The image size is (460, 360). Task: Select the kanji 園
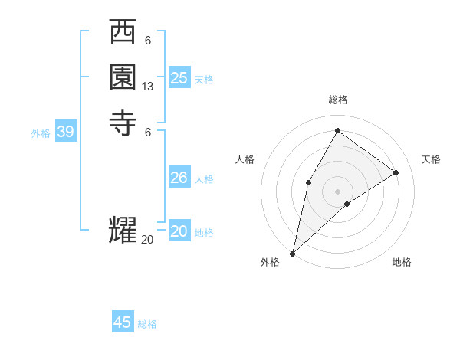pyautogui.click(x=123, y=77)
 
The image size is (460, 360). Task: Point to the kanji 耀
pyautogui.click(x=123, y=231)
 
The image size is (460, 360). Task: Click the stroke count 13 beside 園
pyautogui.click(x=148, y=87)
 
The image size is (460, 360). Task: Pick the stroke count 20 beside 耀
pyautogui.click(x=147, y=240)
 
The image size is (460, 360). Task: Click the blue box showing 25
pyautogui.click(x=179, y=78)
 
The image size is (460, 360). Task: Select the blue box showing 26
pyautogui.click(x=179, y=178)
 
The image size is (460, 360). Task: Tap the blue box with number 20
pyautogui.click(x=179, y=231)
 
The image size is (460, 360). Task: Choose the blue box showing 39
pyautogui.click(x=66, y=132)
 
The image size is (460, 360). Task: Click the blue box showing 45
pyautogui.click(x=123, y=322)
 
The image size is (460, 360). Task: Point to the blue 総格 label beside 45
pyautogui.click(x=147, y=324)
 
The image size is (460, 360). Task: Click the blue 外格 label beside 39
pyautogui.click(x=41, y=133)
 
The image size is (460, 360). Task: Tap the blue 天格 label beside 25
pyautogui.click(x=204, y=80)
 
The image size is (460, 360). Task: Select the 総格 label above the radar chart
pyautogui.click(x=337, y=100)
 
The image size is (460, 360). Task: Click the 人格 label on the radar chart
pyautogui.click(x=245, y=159)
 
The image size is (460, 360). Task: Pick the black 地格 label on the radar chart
pyautogui.click(x=402, y=262)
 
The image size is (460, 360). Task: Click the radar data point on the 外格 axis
pyautogui.click(x=292, y=253)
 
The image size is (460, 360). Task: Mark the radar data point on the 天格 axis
pyautogui.click(x=396, y=172)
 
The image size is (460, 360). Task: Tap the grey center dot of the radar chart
pyautogui.click(x=337, y=190)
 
